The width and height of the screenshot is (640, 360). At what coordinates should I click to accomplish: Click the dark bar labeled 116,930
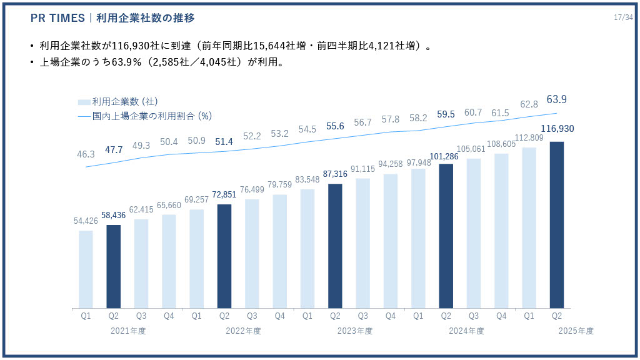click(x=556, y=225)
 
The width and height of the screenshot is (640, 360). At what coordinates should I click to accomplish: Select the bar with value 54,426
click(x=86, y=269)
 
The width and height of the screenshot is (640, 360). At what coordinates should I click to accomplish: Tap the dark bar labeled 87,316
click(x=335, y=246)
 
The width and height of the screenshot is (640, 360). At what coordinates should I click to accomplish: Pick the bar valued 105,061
click(x=474, y=233)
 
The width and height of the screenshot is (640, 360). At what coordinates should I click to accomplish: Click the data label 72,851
click(x=224, y=194)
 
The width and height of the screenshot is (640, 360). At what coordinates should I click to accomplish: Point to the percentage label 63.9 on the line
click(x=556, y=99)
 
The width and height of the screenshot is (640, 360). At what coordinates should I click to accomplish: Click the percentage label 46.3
click(x=86, y=154)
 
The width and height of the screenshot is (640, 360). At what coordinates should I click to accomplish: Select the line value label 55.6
click(x=335, y=126)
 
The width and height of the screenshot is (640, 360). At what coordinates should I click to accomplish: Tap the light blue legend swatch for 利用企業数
click(x=84, y=102)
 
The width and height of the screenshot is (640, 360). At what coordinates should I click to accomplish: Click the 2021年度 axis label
click(x=128, y=331)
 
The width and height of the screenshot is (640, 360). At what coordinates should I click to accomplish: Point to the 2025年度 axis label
click(x=576, y=331)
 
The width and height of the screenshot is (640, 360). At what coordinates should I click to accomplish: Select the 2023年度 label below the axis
click(x=354, y=331)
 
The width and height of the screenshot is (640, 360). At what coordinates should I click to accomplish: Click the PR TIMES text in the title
click(x=57, y=17)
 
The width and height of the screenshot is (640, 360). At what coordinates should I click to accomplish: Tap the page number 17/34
click(x=623, y=17)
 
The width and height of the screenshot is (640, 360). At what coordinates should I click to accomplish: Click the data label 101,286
click(x=446, y=156)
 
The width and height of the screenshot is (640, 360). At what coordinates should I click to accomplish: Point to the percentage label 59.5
click(x=446, y=114)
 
